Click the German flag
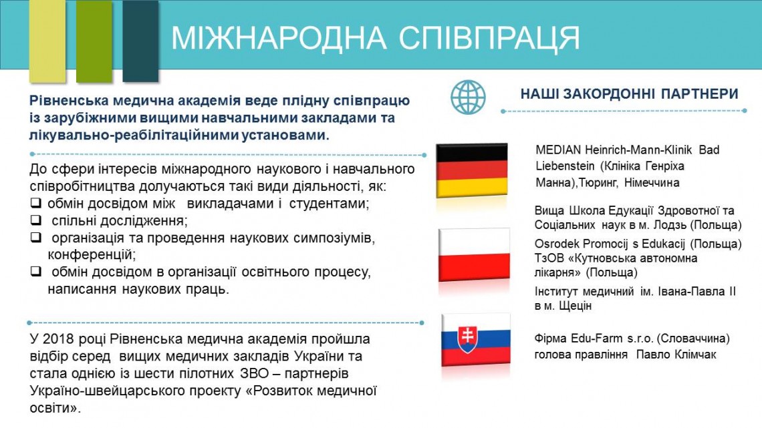(471, 170)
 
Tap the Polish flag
(475, 254)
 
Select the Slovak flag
(476, 340)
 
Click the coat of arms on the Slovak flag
(467, 339)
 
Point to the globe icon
(467, 97)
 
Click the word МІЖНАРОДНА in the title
(279, 37)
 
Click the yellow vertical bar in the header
(47, 41)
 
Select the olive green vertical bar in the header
(94, 41)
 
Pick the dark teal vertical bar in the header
(140, 41)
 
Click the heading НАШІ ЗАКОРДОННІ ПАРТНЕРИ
(630, 93)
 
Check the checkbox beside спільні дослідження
(35, 220)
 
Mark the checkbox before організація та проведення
(35, 237)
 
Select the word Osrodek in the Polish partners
(556, 244)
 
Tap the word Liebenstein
(565, 166)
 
